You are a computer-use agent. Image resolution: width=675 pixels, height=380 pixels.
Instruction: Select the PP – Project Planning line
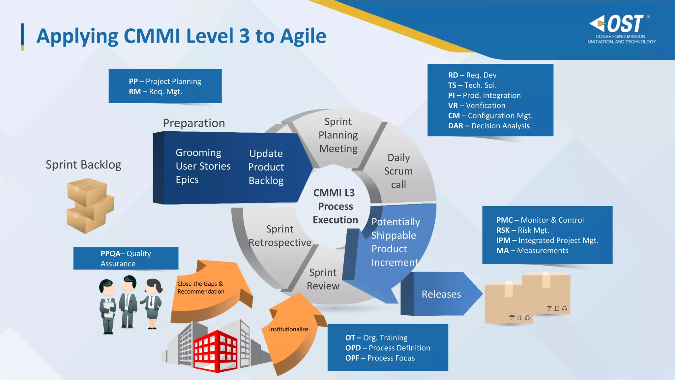pyautogui.click(x=165, y=81)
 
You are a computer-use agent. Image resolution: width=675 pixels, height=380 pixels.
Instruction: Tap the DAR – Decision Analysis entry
pyautogui.click(x=488, y=126)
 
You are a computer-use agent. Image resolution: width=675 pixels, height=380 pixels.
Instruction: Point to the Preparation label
pyautogui.click(x=194, y=123)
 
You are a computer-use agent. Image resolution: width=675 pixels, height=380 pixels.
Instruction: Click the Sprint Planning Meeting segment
pyautogui.click(x=338, y=135)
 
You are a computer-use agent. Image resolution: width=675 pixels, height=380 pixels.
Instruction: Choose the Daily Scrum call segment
pyautogui.click(x=398, y=171)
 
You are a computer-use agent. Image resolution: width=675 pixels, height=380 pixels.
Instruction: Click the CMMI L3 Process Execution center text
pyautogui.click(x=335, y=206)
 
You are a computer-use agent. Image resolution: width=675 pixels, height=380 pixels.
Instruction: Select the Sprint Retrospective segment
pyautogui.click(x=279, y=236)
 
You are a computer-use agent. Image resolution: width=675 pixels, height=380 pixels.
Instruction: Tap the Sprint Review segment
pyautogui.click(x=323, y=279)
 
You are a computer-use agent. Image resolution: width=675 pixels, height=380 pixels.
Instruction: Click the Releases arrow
pyautogui.click(x=441, y=294)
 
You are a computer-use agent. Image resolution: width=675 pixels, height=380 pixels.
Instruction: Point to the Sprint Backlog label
pyautogui.click(x=83, y=165)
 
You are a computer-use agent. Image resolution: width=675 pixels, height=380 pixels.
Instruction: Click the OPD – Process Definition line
pyautogui.click(x=387, y=348)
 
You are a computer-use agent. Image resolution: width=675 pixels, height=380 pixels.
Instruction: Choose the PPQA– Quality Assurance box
pyautogui.click(x=126, y=258)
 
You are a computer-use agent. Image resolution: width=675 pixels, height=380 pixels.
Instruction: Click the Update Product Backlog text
pyautogui.click(x=266, y=167)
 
